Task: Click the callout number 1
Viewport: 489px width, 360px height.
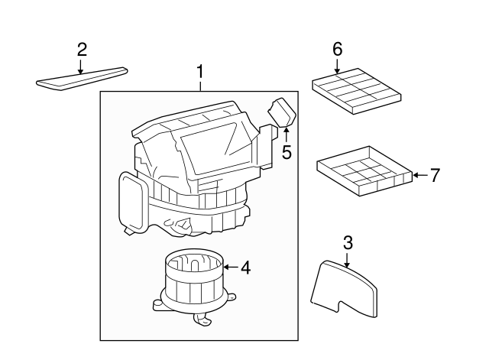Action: tap(200, 73)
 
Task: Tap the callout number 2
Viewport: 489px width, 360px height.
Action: tap(82, 50)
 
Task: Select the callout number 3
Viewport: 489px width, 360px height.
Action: tap(348, 243)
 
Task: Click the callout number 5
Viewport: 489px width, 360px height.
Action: tap(287, 152)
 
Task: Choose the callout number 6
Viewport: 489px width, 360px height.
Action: tap(337, 50)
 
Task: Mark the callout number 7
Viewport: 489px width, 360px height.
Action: tap(435, 175)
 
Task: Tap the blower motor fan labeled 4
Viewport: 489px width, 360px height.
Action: tap(193, 283)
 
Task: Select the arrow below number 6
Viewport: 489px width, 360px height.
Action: tap(337, 66)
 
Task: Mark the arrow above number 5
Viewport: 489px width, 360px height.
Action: tap(287, 136)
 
